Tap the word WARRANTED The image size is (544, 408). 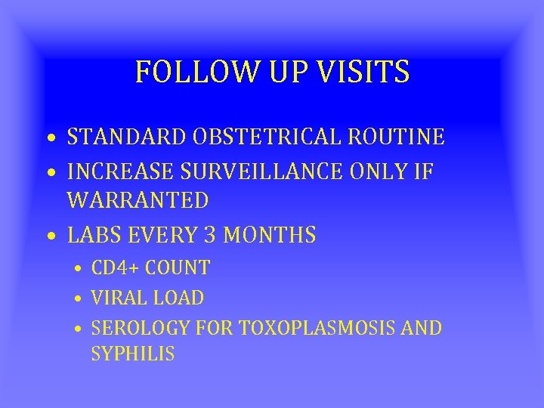138,200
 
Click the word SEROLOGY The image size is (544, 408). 140,328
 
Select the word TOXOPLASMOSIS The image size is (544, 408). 314,328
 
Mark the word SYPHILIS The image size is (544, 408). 133,354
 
